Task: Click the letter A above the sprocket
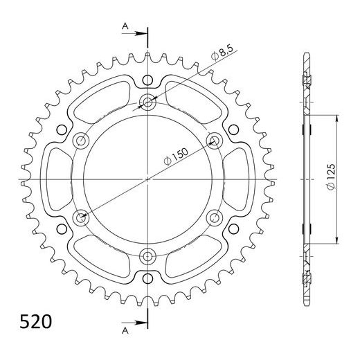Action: click(x=125, y=26)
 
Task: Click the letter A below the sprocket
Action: click(x=125, y=330)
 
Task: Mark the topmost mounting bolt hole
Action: click(x=148, y=103)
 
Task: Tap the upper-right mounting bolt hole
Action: click(x=215, y=141)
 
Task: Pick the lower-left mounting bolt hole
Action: click(x=82, y=218)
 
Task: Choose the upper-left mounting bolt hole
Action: click(x=82, y=141)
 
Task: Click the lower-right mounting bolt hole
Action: click(x=215, y=218)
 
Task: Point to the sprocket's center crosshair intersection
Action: click(x=148, y=180)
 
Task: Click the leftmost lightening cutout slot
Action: click(x=55, y=179)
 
